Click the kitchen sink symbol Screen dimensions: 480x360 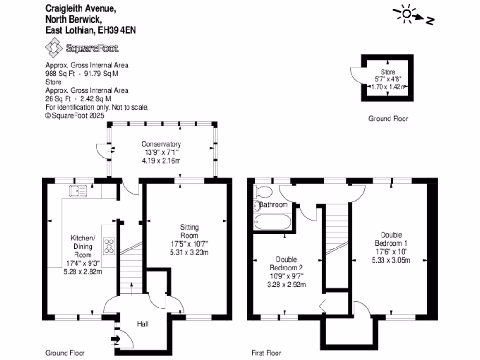click(78, 191)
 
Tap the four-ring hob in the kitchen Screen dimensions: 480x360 click(109, 246)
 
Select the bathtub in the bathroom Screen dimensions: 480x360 click(272, 222)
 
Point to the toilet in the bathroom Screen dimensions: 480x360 click(263, 192)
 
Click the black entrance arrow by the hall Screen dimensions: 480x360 click(115, 339)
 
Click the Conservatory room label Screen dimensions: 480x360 click(161, 144)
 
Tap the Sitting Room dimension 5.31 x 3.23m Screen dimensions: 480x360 click(189, 252)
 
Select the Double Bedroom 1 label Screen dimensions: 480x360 click(391, 239)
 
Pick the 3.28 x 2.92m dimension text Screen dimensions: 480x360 click(286, 285)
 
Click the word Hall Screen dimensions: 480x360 click(142, 323)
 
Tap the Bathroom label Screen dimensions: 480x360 click(273, 204)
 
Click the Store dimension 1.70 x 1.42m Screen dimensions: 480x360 click(388, 87)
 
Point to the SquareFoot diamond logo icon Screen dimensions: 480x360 click(54, 47)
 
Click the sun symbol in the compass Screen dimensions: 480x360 click(406, 14)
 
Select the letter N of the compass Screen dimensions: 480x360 click(430, 21)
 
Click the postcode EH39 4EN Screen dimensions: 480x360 click(117, 30)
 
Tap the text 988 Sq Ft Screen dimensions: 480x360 click(60, 74)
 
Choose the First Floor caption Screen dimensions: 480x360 click(266, 353)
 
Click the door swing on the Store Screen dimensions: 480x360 click(356, 75)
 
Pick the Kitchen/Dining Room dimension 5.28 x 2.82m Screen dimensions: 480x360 click(82, 271)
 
